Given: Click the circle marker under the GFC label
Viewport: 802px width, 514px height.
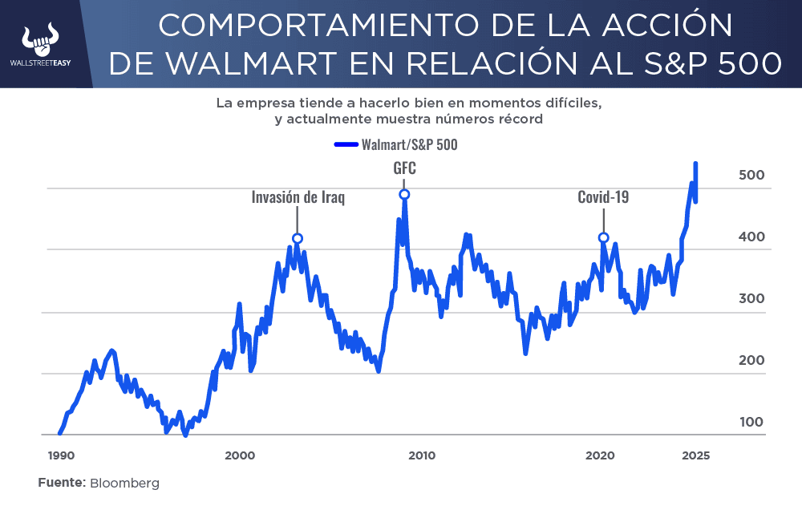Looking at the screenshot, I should tap(404, 194).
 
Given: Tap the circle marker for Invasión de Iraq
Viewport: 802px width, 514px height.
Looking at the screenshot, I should tap(298, 238).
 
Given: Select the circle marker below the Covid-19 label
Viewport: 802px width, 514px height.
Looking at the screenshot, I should tap(604, 237).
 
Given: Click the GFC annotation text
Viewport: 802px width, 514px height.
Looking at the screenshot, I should tap(404, 169).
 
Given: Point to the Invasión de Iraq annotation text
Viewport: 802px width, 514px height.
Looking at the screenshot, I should tap(298, 197).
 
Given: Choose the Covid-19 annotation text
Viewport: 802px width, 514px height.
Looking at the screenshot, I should tap(603, 197).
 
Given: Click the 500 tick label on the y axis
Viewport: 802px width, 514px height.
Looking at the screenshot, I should tap(751, 176).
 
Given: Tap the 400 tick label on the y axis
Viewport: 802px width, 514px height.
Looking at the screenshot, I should tap(751, 237).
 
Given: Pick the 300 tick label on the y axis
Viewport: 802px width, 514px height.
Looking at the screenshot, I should tap(751, 299).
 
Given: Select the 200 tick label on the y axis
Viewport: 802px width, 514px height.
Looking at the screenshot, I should tap(751, 361).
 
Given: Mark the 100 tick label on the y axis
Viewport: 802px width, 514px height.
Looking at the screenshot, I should tap(751, 423).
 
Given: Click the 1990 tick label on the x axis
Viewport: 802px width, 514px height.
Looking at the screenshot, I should tap(61, 455).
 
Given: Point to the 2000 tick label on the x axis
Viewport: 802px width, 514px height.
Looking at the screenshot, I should tap(240, 455).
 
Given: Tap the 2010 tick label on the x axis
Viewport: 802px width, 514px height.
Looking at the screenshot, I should tap(422, 455).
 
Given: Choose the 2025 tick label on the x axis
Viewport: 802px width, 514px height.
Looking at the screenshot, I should tap(694, 455).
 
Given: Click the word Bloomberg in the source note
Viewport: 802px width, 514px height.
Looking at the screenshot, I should tap(124, 484).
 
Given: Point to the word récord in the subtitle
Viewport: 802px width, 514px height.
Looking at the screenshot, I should tap(520, 119).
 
